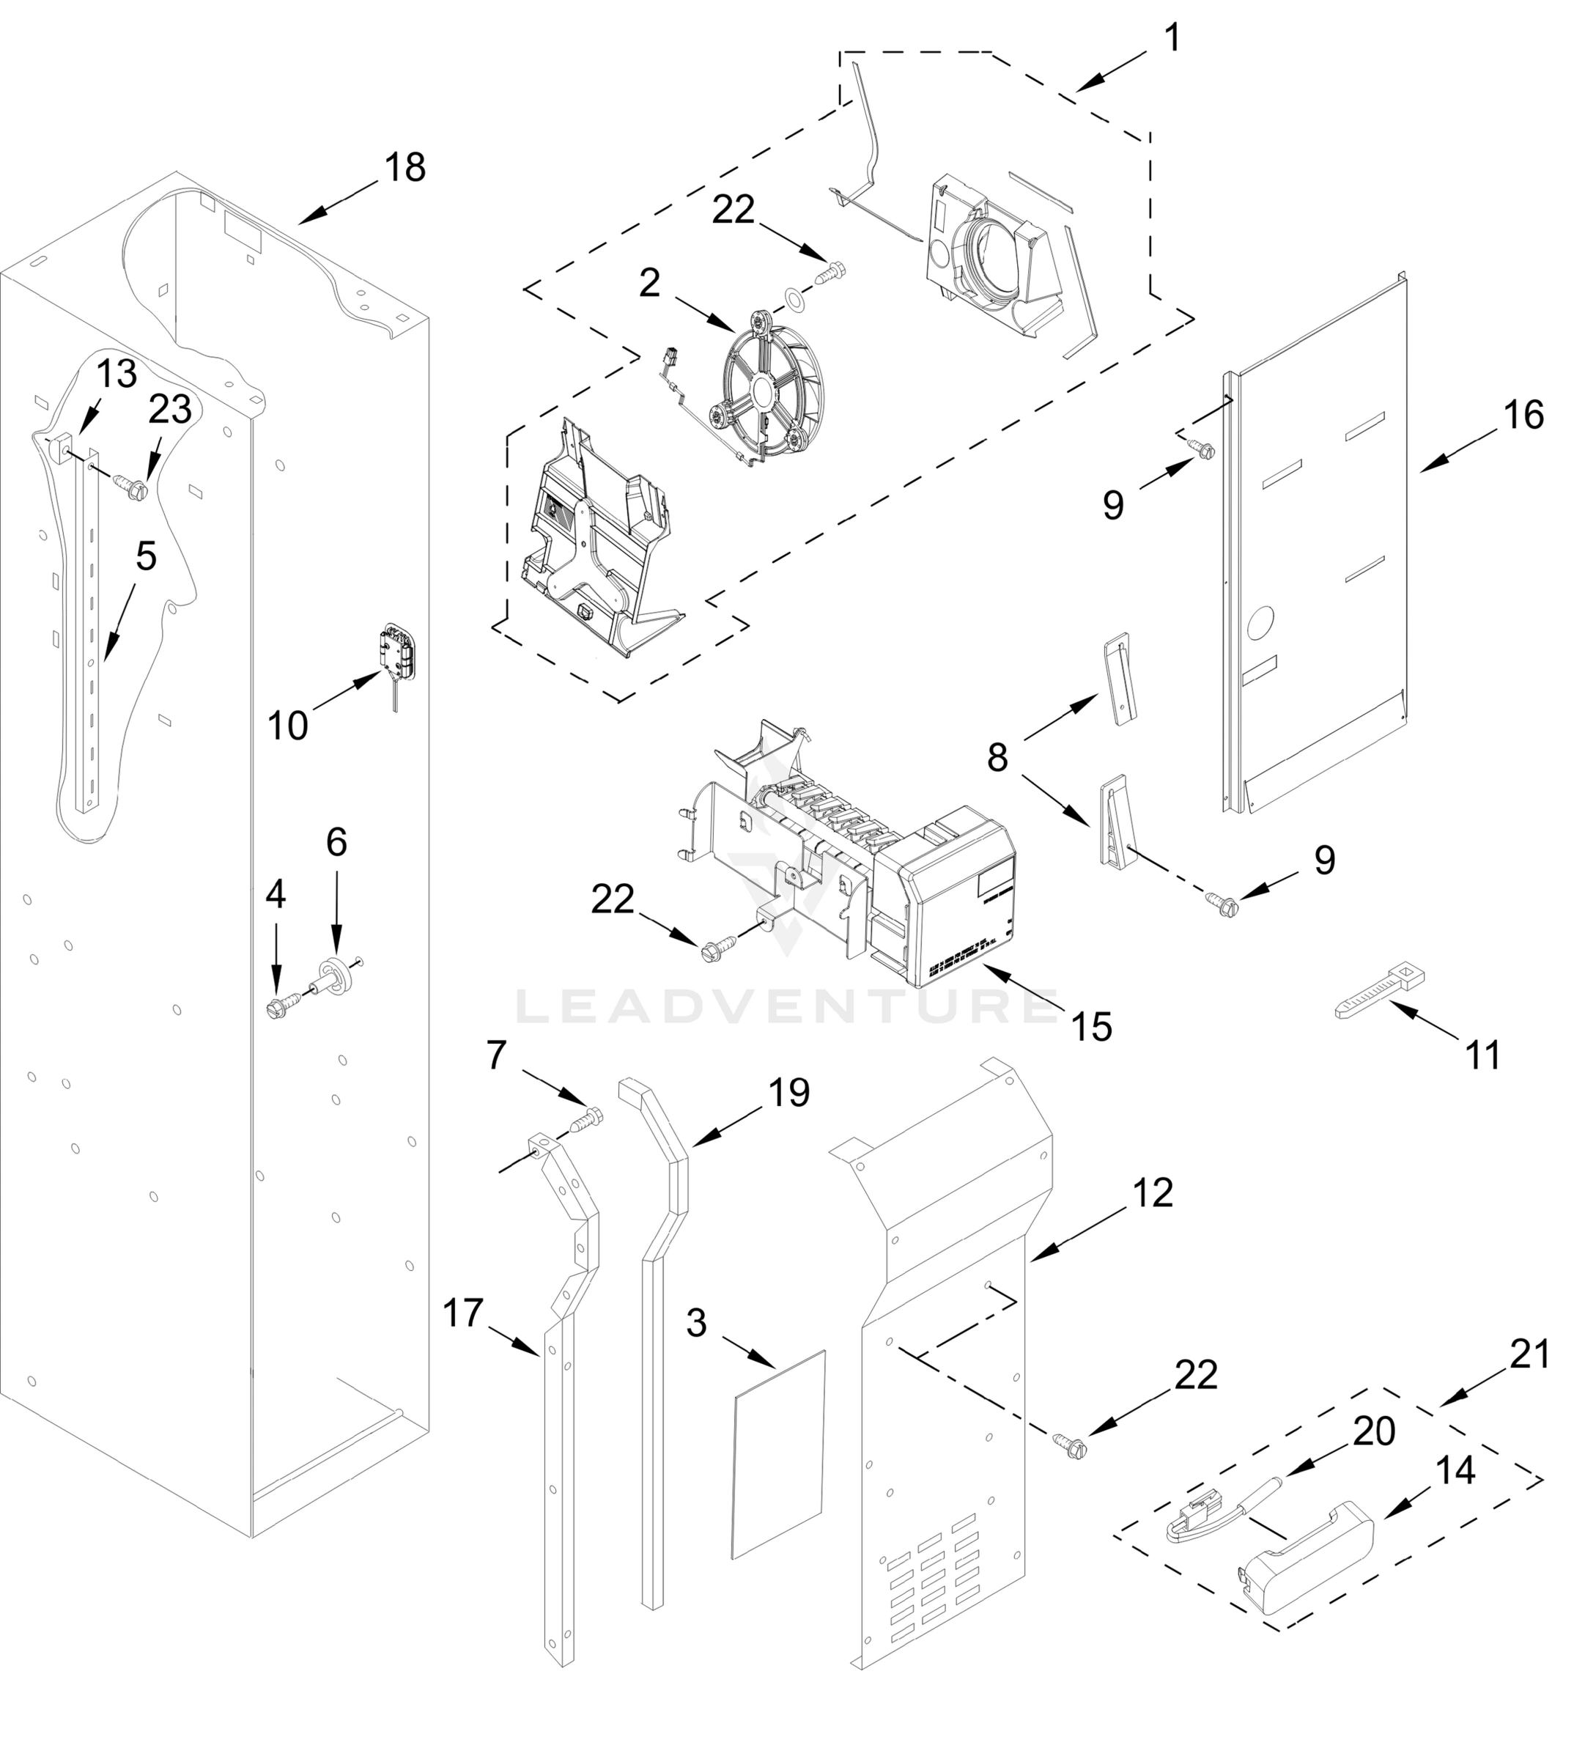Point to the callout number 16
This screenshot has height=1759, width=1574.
click(1523, 414)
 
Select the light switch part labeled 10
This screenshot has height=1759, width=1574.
click(399, 649)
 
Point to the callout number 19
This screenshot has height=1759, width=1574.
click(788, 1092)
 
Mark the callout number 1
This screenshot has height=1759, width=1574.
click(1171, 38)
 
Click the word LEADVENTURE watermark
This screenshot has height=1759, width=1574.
click(787, 1005)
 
